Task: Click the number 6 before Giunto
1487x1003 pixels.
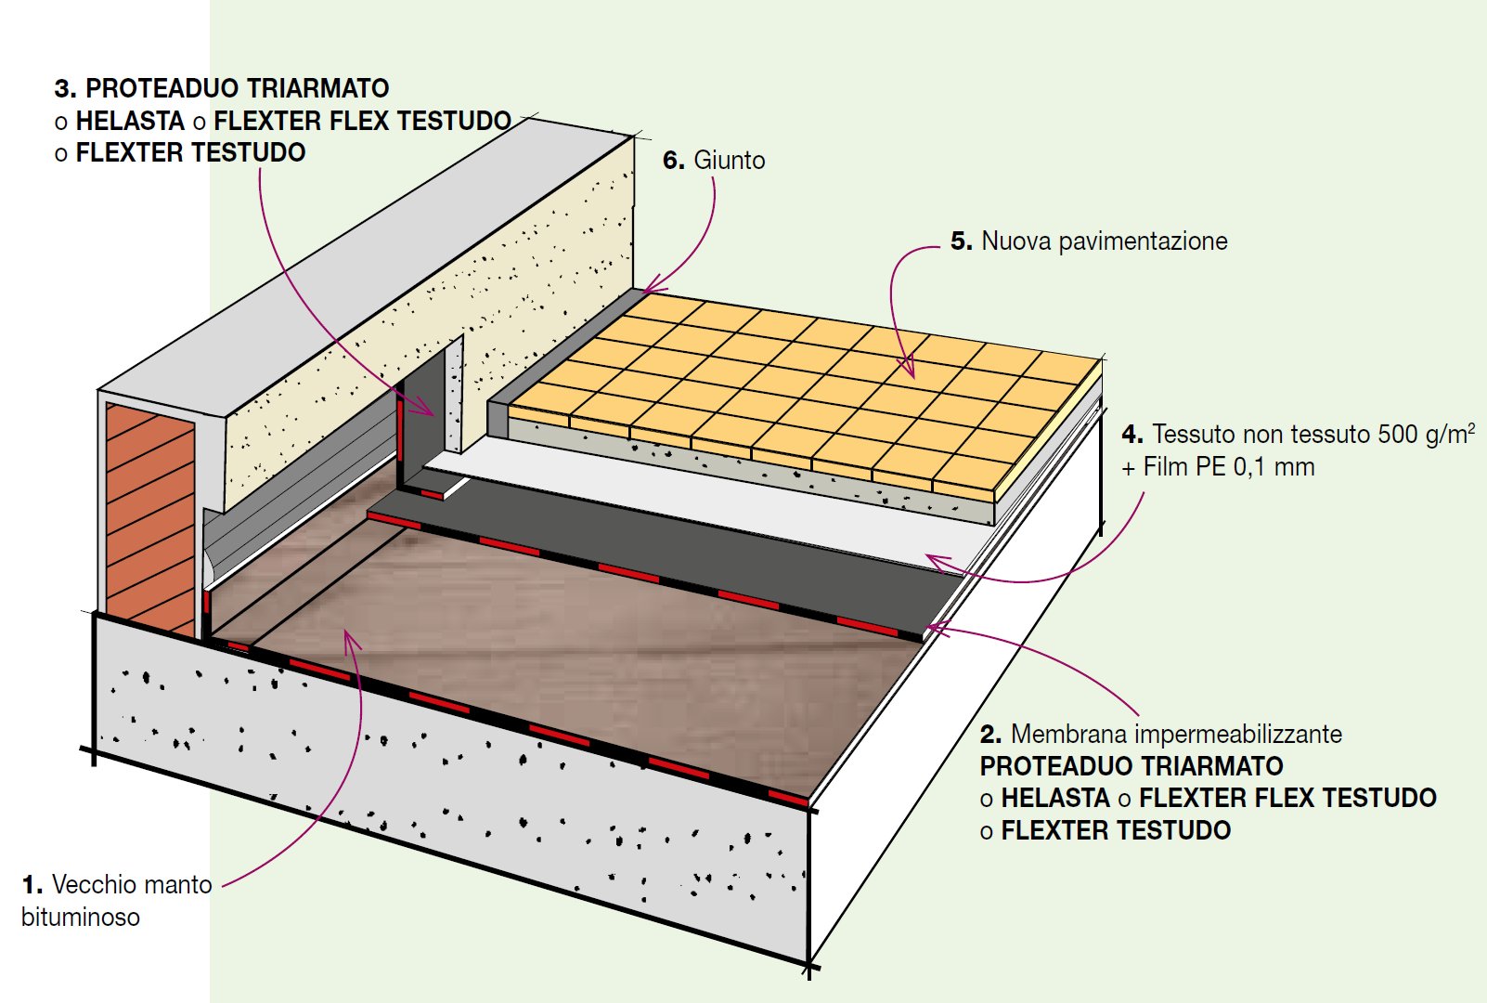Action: (x=672, y=161)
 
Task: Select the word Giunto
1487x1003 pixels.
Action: (x=730, y=161)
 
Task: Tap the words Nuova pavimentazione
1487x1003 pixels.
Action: (x=1104, y=241)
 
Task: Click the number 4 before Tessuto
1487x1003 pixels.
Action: (x=1131, y=435)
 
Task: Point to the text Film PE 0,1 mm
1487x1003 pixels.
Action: (x=1229, y=467)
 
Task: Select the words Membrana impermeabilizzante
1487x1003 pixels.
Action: (x=1176, y=735)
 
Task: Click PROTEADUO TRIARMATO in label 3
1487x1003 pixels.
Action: (x=237, y=88)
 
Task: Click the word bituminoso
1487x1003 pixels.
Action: (x=81, y=918)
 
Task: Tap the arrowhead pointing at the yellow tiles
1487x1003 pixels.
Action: (x=909, y=370)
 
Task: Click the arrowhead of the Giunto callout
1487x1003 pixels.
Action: (x=651, y=287)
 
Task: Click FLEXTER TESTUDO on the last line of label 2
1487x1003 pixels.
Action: (x=1116, y=830)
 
